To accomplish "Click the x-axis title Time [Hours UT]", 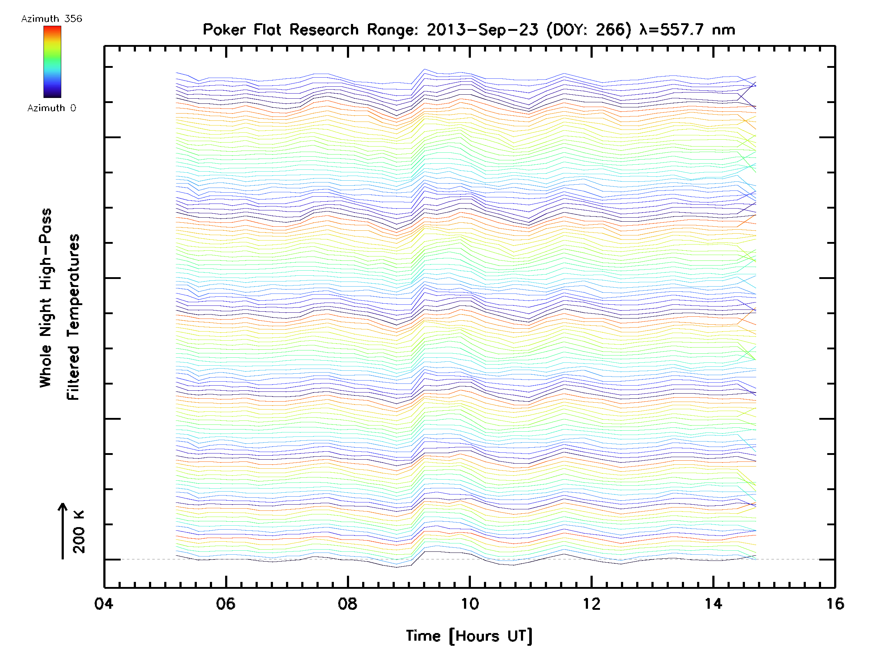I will [x=469, y=636].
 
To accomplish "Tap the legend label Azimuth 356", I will [x=51, y=19].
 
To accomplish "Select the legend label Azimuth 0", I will [x=51, y=108].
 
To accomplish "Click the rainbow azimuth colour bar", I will [x=52, y=62].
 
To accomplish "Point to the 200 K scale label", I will [x=79, y=532].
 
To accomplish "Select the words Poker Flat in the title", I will [x=241, y=30].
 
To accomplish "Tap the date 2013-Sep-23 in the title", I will [x=482, y=30].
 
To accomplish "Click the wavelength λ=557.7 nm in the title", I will [x=687, y=30].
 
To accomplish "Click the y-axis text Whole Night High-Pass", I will [x=46, y=298].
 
